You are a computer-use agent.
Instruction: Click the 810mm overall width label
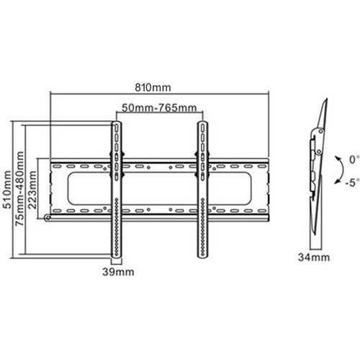tap(156, 87)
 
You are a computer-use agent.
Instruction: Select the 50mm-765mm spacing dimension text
tap(158, 108)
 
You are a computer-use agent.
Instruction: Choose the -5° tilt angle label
tap(351, 181)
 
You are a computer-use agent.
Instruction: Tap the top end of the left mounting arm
tap(116, 125)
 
